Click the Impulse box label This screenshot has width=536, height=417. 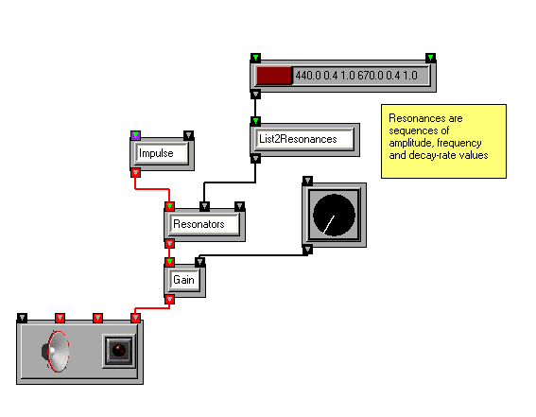(x=156, y=153)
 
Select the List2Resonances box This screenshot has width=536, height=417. (x=305, y=140)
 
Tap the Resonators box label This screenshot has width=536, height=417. (x=199, y=224)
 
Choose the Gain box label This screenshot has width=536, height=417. (x=184, y=280)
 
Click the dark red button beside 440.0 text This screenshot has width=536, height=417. (x=274, y=76)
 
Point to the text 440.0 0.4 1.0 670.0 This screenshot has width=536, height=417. (x=339, y=76)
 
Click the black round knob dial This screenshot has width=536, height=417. (x=334, y=215)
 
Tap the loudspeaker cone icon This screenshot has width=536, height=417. (x=56, y=352)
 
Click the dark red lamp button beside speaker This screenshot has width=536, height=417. (x=119, y=351)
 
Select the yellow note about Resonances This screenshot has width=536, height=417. (x=443, y=141)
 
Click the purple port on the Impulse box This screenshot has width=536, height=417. (x=136, y=135)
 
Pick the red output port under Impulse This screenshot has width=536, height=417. (x=136, y=173)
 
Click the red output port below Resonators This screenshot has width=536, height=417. (x=169, y=244)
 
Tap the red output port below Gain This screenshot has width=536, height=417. (x=169, y=300)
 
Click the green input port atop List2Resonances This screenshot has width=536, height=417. (x=255, y=121)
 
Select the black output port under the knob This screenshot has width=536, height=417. (x=307, y=250)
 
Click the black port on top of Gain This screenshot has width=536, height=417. (x=200, y=262)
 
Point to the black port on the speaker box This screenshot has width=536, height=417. (x=23, y=318)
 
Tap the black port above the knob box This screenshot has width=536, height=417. (x=307, y=181)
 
